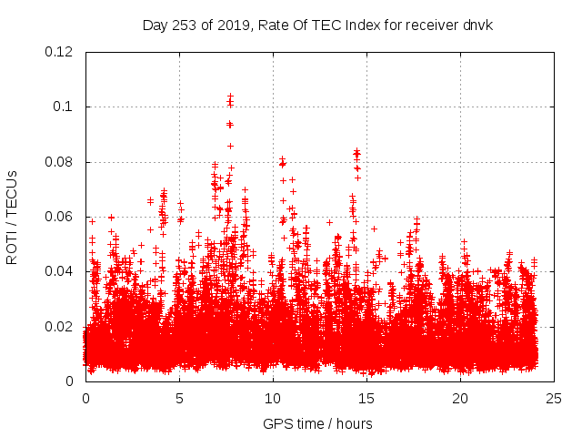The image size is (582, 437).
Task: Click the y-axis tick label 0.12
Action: click(x=59, y=52)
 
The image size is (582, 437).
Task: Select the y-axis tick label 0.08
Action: click(x=59, y=162)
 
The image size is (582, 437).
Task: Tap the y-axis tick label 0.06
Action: click(x=59, y=217)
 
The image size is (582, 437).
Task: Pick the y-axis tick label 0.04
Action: click(x=59, y=271)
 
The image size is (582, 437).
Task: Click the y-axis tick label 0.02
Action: click(x=59, y=327)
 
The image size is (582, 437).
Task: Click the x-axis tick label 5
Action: click(x=179, y=399)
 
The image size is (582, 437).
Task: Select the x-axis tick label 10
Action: click(x=273, y=399)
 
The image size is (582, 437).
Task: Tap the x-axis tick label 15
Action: click(x=366, y=399)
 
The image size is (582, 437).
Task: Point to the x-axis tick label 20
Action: click(x=460, y=399)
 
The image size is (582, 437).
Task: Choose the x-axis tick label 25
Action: click(x=554, y=399)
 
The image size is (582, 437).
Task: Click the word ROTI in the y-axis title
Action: click(x=13, y=245)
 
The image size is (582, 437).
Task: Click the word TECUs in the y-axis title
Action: click(x=13, y=191)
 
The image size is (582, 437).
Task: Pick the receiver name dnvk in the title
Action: click(x=477, y=25)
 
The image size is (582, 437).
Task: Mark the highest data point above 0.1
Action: click(x=230, y=96)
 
